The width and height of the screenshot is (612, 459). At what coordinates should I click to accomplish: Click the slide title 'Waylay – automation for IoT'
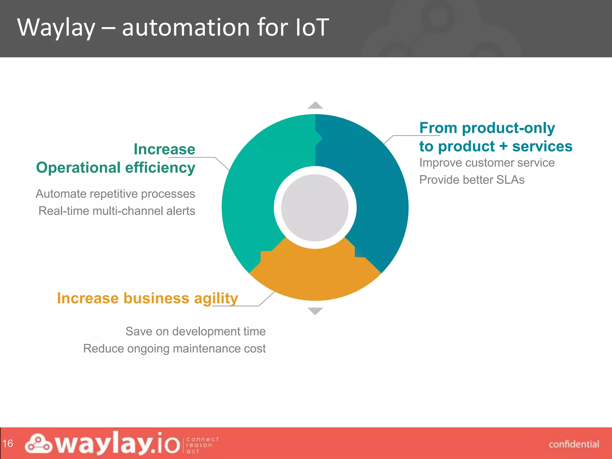(x=173, y=27)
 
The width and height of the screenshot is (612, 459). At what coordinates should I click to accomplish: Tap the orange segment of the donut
(x=315, y=275)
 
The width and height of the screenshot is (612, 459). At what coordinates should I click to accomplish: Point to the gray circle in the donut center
(x=315, y=208)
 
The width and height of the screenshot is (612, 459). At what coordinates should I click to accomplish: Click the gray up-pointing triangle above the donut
(x=315, y=105)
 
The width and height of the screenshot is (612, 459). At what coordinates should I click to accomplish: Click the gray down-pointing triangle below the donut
(x=315, y=311)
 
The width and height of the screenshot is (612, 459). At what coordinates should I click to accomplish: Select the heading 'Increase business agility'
(x=147, y=298)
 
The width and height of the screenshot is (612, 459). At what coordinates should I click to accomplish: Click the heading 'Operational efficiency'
(x=115, y=167)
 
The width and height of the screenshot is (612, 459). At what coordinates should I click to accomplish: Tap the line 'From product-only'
(x=487, y=128)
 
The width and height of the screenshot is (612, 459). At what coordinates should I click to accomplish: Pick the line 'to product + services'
(x=495, y=146)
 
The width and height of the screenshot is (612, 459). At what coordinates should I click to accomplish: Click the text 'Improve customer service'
(x=487, y=163)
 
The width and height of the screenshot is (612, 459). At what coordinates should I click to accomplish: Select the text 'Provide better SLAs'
(x=472, y=180)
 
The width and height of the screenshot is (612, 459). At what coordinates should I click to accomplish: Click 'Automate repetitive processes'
(x=115, y=194)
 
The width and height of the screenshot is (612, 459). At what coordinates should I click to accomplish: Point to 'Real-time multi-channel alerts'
(x=117, y=211)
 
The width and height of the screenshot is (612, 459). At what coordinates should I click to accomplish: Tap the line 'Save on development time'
(x=195, y=331)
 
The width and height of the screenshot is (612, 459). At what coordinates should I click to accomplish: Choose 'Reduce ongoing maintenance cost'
(x=174, y=349)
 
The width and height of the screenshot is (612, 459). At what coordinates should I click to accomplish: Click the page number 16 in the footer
(x=8, y=443)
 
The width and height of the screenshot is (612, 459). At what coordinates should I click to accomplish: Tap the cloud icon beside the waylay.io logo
(x=38, y=443)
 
